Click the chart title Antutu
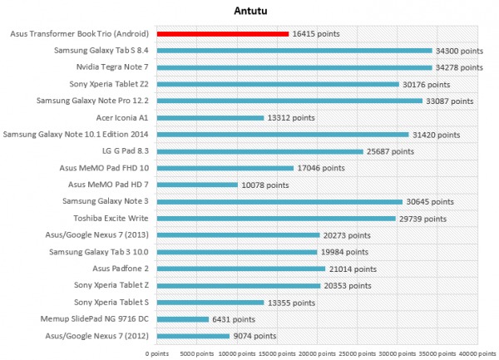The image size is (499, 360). pos(250,11)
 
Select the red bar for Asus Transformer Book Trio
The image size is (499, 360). pos(222,34)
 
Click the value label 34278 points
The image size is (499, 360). pos(459,67)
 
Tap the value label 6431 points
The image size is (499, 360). pos(234,319)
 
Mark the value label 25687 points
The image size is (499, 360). pos(390,151)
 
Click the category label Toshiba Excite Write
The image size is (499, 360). pos(109,219)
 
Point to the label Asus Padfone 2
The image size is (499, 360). pos(118,269)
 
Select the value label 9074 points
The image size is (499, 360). pos(254,336)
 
